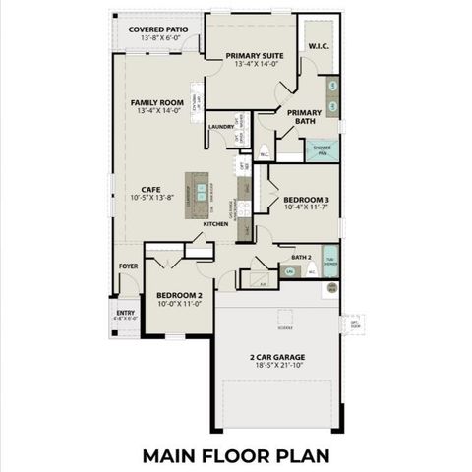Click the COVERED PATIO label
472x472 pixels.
tap(158, 30)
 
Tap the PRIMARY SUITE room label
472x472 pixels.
tap(254, 56)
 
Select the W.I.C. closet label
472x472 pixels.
tap(318, 46)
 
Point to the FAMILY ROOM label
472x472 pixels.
tap(157, 102)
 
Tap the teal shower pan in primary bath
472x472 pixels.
tap(322, 150)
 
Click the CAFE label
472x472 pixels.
tap(150, 190)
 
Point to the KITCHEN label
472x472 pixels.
tap(216, 224)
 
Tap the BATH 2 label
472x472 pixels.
tap(301, 256)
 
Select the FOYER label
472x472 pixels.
tap(129, 265)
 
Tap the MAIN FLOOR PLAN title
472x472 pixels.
tap(235, 455)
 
